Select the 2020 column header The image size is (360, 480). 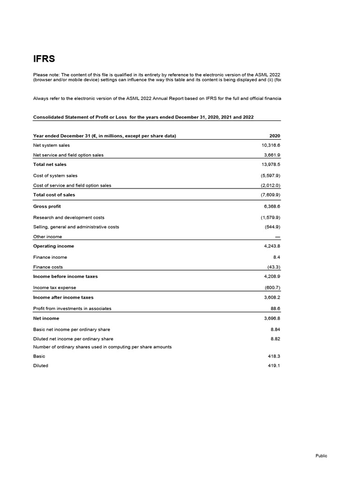275,136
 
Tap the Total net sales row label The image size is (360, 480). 50,165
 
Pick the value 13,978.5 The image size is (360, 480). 270,165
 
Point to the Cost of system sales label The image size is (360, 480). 55,176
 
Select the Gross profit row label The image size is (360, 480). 47,206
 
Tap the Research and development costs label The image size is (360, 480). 69,217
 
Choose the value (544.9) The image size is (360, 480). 272,227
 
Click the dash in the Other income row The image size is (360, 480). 277,237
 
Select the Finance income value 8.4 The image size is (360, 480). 276,257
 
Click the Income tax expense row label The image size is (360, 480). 54,288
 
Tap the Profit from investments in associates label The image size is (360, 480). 72,308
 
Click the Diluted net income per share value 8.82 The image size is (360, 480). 275,338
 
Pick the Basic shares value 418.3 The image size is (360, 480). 274,356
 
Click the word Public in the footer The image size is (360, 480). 321,456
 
